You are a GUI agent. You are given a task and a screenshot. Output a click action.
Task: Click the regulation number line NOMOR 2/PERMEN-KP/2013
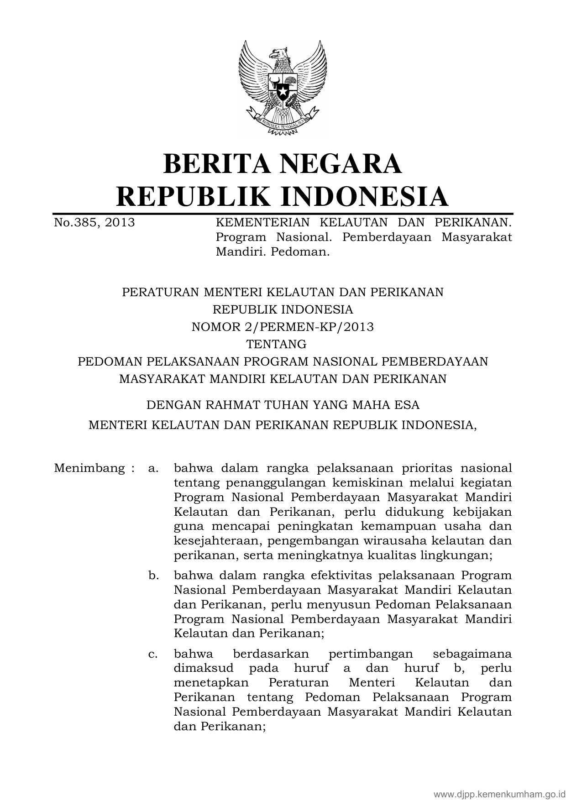coord(283,327)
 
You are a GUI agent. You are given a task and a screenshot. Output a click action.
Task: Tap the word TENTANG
coord(283,344)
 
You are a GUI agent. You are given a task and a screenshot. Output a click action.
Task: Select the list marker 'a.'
coord(153,468)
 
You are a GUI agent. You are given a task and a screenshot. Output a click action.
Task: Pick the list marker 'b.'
coord(153,576)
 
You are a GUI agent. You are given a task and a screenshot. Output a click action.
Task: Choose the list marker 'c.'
coord(153,654)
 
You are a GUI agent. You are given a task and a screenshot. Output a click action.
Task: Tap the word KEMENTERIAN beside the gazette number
coord(262,223)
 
